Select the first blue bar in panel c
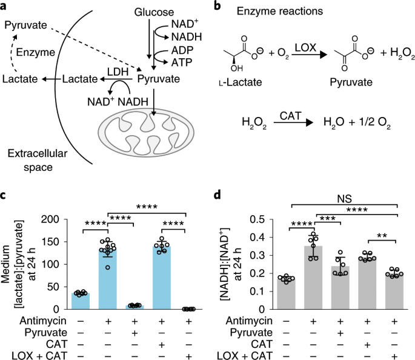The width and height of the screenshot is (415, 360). coord(81,301)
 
